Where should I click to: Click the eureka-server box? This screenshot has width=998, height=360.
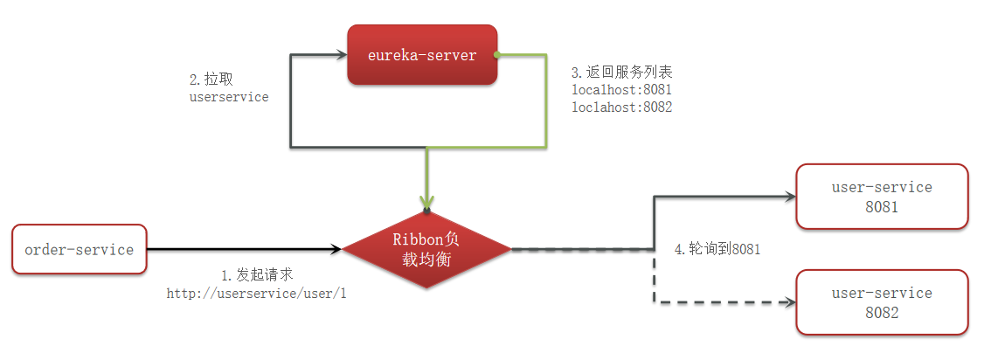[x=422, y=55]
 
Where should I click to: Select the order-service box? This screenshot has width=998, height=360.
[x=80, y=250]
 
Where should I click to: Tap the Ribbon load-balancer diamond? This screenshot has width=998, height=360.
[x=426, y=249]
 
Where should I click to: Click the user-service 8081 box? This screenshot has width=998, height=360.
[x=882, y=197]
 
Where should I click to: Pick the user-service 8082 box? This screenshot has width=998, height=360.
[x=882, y=302]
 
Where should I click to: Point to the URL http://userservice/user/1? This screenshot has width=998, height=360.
[x=256, y=294]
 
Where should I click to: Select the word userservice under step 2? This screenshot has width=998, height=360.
[x=229, y=97]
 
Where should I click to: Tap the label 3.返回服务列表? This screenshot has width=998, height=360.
[x=621, y=72]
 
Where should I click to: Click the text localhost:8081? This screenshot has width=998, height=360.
[x=621, y=90]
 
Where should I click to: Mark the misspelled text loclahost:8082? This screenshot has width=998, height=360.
[x=621, y=107]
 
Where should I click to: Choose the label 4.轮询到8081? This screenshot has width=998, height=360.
[x=717, y=249]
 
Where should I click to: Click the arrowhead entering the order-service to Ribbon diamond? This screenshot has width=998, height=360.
[x=336, y=250]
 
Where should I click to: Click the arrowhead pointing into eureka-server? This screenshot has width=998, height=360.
[x=341, y=56]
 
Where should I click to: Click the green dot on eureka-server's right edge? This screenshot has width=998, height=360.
[x=496, y=55]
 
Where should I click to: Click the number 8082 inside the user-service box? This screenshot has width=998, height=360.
[x=882, y=312]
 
